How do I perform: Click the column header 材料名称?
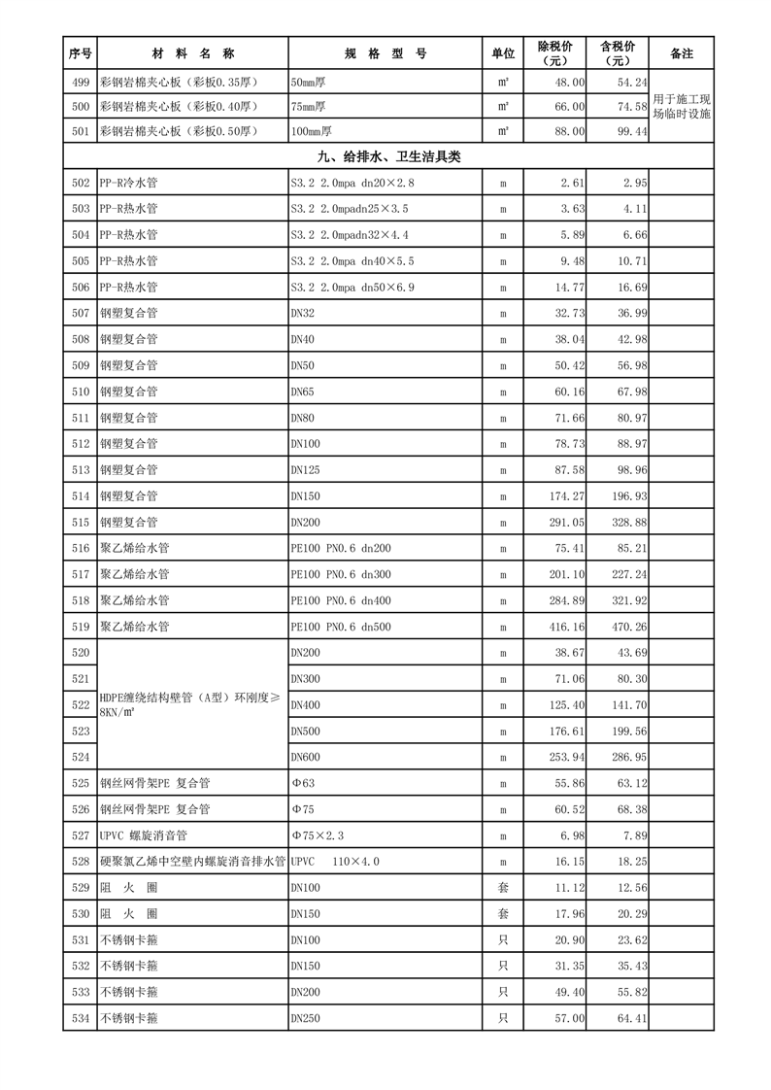pyautogui.click(x=192, y=53)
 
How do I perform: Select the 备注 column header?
pyautogui.click(x=681, y=53)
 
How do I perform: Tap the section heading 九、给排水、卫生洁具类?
pyautogui.click(x=387, y=156)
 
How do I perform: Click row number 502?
pyautogui.click(x=81, y=183)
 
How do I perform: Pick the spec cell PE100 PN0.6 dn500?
pyautogui.click(x=340, y=627)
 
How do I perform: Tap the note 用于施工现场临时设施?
pyautogui.click(x=682, y=107)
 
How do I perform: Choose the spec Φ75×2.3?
pyautogui.click(x=318, y=835)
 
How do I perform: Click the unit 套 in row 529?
pyautogui.click(x=503, y=887)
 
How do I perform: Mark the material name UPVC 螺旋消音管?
pyautogui.click(x=144, y=835)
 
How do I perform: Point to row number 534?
pyautogui.click(x=81, y=1018)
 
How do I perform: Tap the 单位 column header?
pyautogui.click(x=503, y=53)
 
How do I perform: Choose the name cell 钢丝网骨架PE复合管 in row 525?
pyautogui.click(x=154, y=783)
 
